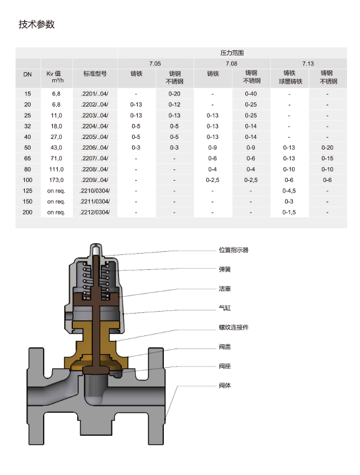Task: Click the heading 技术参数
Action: click(x=37, y=24)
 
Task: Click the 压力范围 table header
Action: click(x=232, y=53)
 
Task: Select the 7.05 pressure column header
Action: click(x=155, y=64)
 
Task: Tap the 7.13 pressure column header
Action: click(x=308, y=64)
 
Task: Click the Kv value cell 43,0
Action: click(x=56, y=147)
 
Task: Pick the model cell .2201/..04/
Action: click(x=95, y=94)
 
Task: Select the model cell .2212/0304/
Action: click(x=95, y=213)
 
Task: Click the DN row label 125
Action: click(x=27, y=191)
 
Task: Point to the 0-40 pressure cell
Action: click(x=250, y=94)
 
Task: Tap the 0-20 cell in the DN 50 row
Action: click(x=327, y=147)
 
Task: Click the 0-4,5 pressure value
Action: click(x=289, y=191)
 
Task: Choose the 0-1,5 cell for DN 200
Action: click(x=289, y=213)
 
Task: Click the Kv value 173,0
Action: click(x=56, y=180)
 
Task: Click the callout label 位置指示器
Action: click(x=234, y=250)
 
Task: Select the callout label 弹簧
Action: click(x=225, y=269)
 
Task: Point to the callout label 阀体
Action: click(x=225, y=385)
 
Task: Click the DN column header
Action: click(x=27, y=74)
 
